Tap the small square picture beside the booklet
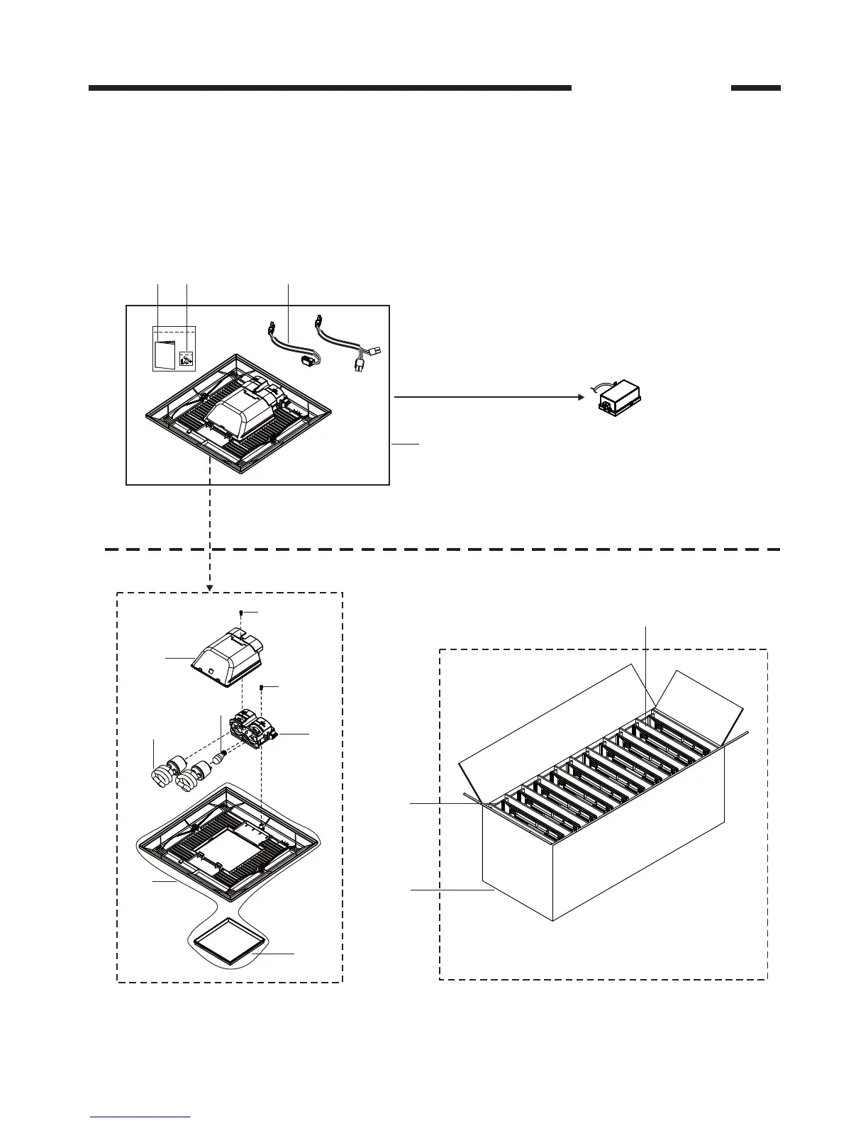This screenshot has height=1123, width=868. pos(186,359)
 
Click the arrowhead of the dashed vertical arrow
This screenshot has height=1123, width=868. pos(210,588)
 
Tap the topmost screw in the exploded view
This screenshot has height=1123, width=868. pos(242,613)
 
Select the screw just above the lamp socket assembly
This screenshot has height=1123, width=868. pos(263,688)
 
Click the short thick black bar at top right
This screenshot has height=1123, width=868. pos(755,89)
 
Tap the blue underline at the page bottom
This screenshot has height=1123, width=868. pos(140,1118)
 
